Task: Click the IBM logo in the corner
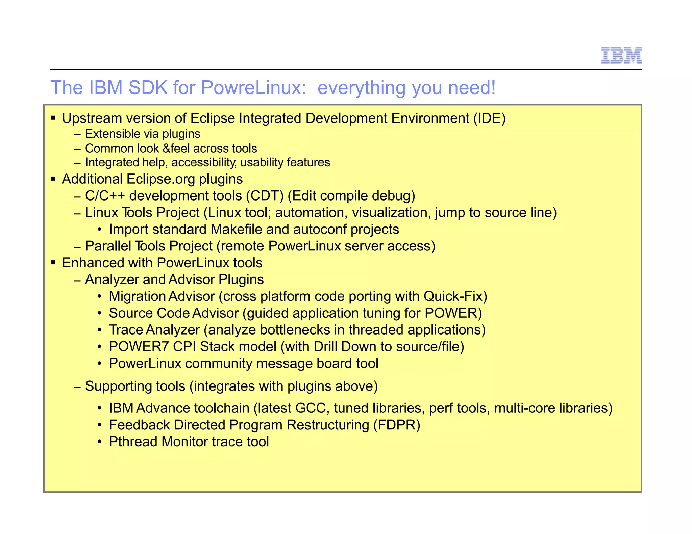click(x=621, y=55)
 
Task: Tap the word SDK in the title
click(x=148, y=88)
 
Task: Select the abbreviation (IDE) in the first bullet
click(x=489, y=118)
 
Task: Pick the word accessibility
click(x=204, y=163)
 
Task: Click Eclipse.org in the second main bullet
click(x=160, y=179)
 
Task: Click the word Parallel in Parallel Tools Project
click(x=108, y=246)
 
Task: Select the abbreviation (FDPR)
click(x=397, y=425)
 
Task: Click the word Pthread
click(x=133, y=442)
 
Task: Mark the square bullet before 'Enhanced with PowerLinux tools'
click(x=53, y=263)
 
